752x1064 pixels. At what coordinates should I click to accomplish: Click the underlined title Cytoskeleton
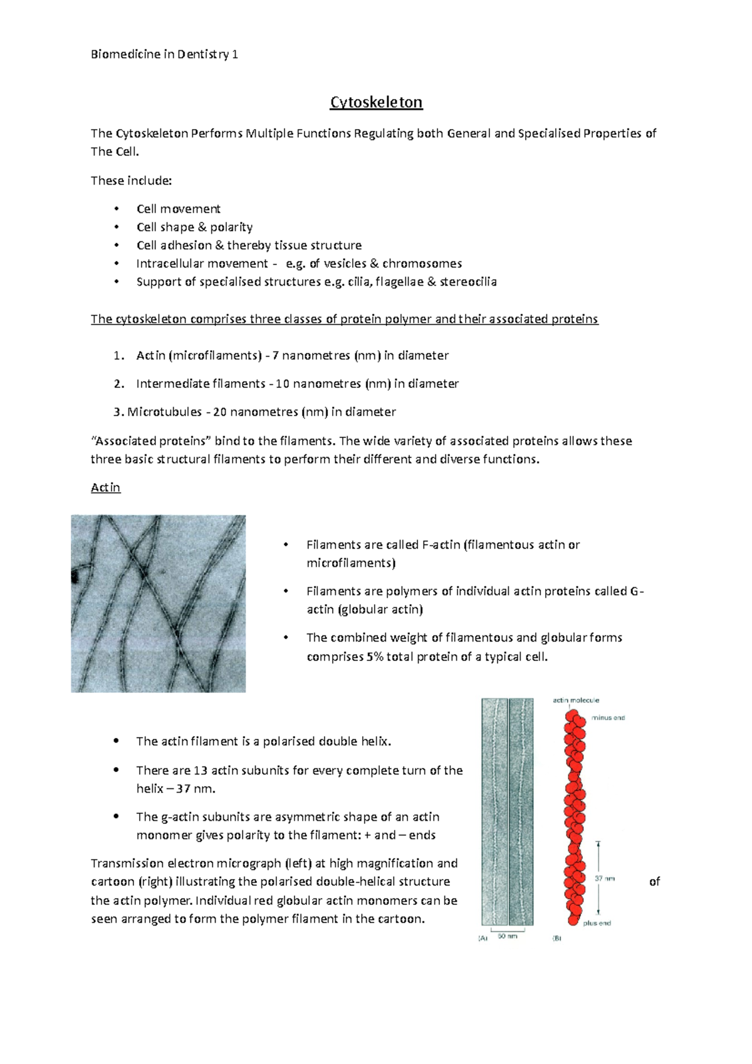(x=376, y=102)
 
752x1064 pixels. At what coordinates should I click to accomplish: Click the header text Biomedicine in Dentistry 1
(x=164, y=55)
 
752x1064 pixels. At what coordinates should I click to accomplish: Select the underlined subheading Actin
(x=105, y=488)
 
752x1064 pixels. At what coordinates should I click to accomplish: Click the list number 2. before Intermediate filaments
(x=119, y=383)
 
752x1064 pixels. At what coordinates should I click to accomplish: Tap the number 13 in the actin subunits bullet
(x=201, y=771)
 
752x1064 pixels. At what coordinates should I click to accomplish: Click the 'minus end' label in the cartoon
(x=608, y=718)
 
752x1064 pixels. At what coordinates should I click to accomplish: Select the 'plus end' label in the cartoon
(x=597, y=923)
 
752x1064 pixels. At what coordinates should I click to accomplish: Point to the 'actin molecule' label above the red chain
(x=576, y=701)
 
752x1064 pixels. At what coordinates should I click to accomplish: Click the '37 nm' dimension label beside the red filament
(x=605, y=879)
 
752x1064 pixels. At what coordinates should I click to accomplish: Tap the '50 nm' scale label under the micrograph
(x=508, y=936)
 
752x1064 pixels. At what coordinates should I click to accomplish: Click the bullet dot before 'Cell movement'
(x=116, y=209)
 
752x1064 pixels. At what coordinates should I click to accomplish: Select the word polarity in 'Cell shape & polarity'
(x=231, y=227)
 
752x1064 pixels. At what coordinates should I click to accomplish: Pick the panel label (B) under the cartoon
(x=556, y=938)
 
